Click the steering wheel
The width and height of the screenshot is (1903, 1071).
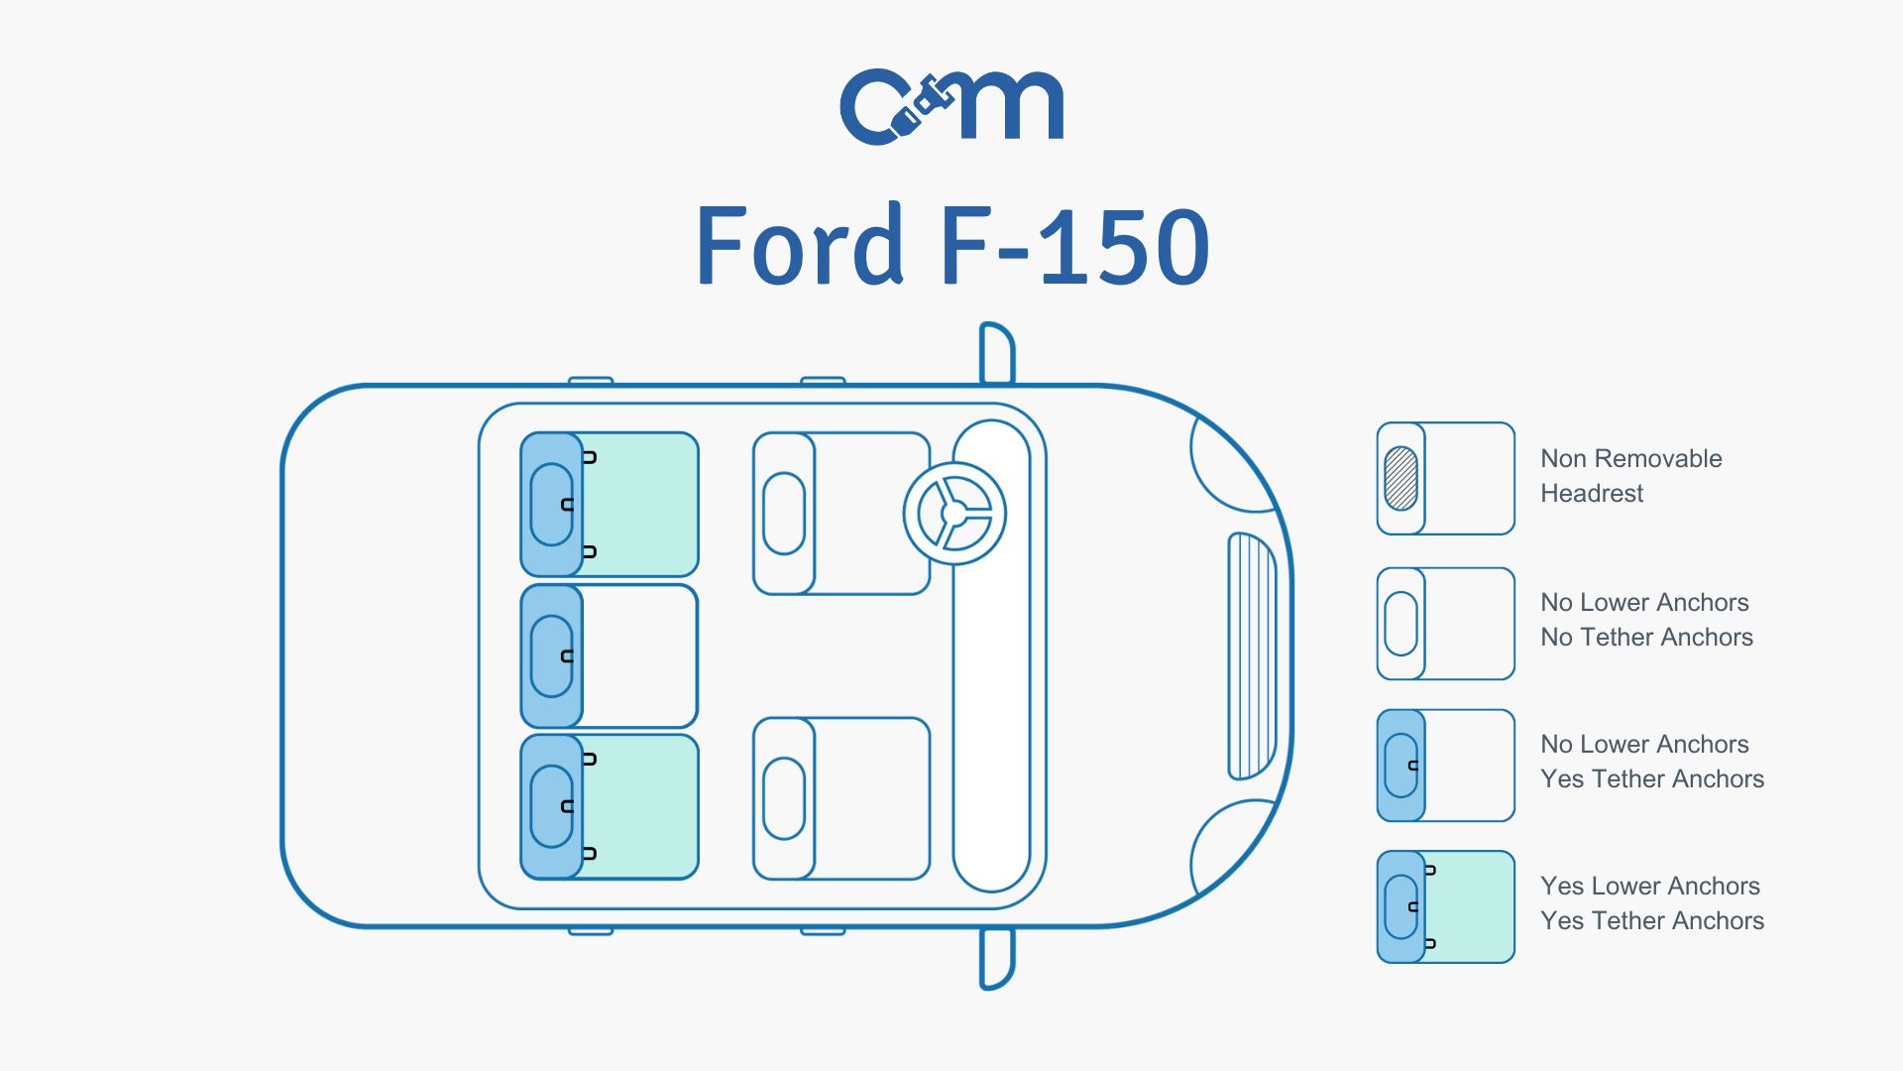click(x=953, y=514)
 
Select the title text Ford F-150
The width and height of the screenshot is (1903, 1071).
click(x=951, y=246)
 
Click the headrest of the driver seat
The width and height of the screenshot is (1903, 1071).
click(x=784, y=514)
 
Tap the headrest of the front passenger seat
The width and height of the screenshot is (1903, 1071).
click(x=784, y=798)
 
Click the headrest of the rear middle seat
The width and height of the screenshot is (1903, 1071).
click(x=551, y=656)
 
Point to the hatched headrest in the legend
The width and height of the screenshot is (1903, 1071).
click(x=1400, y=479)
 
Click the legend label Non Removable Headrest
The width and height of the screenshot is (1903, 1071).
click(x=1630, y=476)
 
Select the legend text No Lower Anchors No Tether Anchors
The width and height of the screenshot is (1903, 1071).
click(x=1645, y=620)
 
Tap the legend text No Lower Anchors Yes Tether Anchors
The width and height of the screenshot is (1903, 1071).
click(x=1651, y=762)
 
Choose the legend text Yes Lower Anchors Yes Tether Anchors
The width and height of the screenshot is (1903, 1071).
click(x=1651, y=903)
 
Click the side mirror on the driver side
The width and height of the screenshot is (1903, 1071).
click(x=996, y=353)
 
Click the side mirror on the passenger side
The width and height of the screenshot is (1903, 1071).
click(x=996, y=959)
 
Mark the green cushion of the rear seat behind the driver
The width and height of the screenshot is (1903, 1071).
click(x=640, y=504)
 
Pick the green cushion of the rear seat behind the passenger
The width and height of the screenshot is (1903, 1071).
click(x=640, y=806)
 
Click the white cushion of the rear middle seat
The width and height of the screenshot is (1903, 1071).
click(x=640, y=656)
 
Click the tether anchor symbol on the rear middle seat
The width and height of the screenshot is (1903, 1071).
click(x=568, y=656)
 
